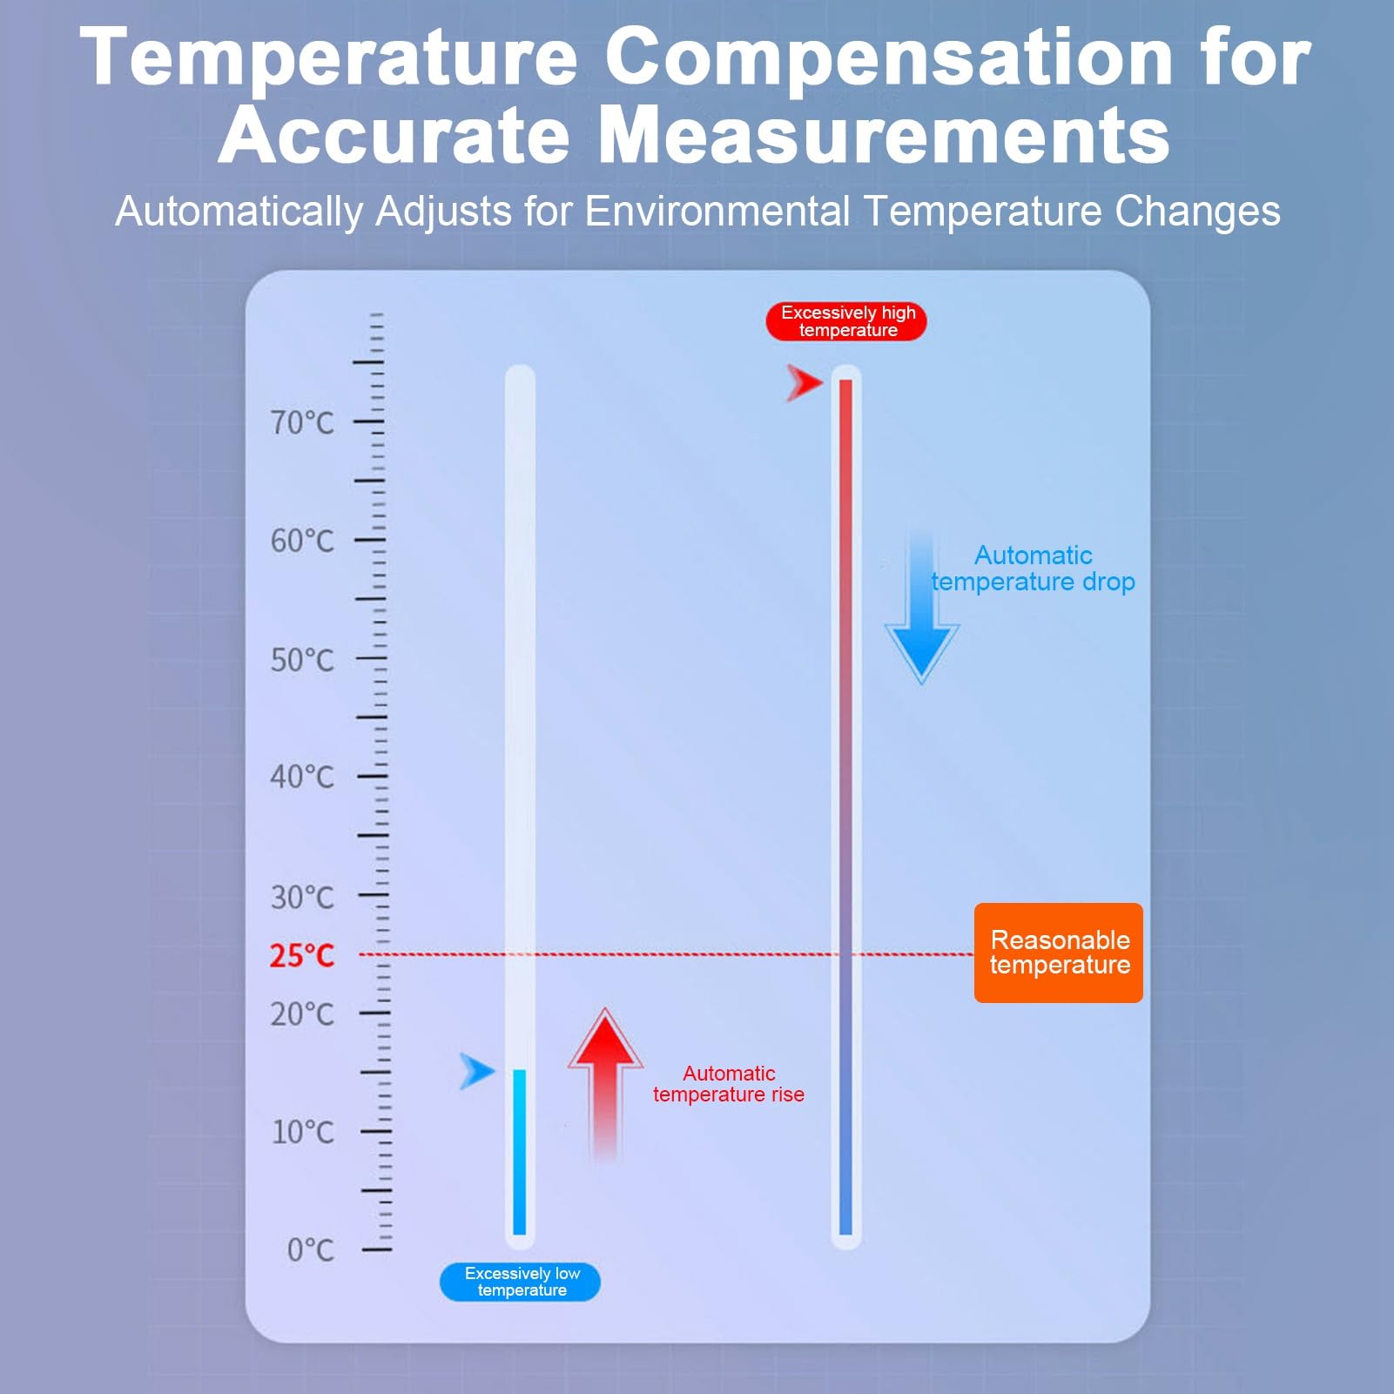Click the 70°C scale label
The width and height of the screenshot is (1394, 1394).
(x=302, y=423)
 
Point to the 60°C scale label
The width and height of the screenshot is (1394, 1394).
(x=302, y=541)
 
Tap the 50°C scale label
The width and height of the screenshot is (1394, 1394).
(x=302, y=660)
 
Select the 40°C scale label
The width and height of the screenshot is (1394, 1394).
(x=302, y=777)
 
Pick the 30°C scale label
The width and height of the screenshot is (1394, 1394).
(x=302, y=897)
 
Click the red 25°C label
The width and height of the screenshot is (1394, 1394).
(x=302, y=956)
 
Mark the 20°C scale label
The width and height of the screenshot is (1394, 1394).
(x=302, y=1014)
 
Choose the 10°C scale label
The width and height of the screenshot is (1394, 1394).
(x=303, y=1132)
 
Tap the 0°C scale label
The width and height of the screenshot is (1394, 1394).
(x=311, y=1250)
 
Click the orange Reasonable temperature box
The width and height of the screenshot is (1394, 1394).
(x=1059, y=953)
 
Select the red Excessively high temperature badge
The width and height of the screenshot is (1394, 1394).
(x=846, y=321)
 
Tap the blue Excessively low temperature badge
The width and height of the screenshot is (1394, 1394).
(x=520, y=1282)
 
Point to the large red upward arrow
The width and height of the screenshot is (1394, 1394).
(x=605, y=1085)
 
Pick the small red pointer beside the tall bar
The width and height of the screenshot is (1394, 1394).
(x=805, y=383)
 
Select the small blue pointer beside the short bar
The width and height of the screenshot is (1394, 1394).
(x=477, y=1072)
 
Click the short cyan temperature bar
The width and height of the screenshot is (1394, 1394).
(x=520, y=1152)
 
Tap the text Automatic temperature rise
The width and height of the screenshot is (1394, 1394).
(x=729, y=1084)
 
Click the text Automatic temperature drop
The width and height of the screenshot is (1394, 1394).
(x=1033, y=569)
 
